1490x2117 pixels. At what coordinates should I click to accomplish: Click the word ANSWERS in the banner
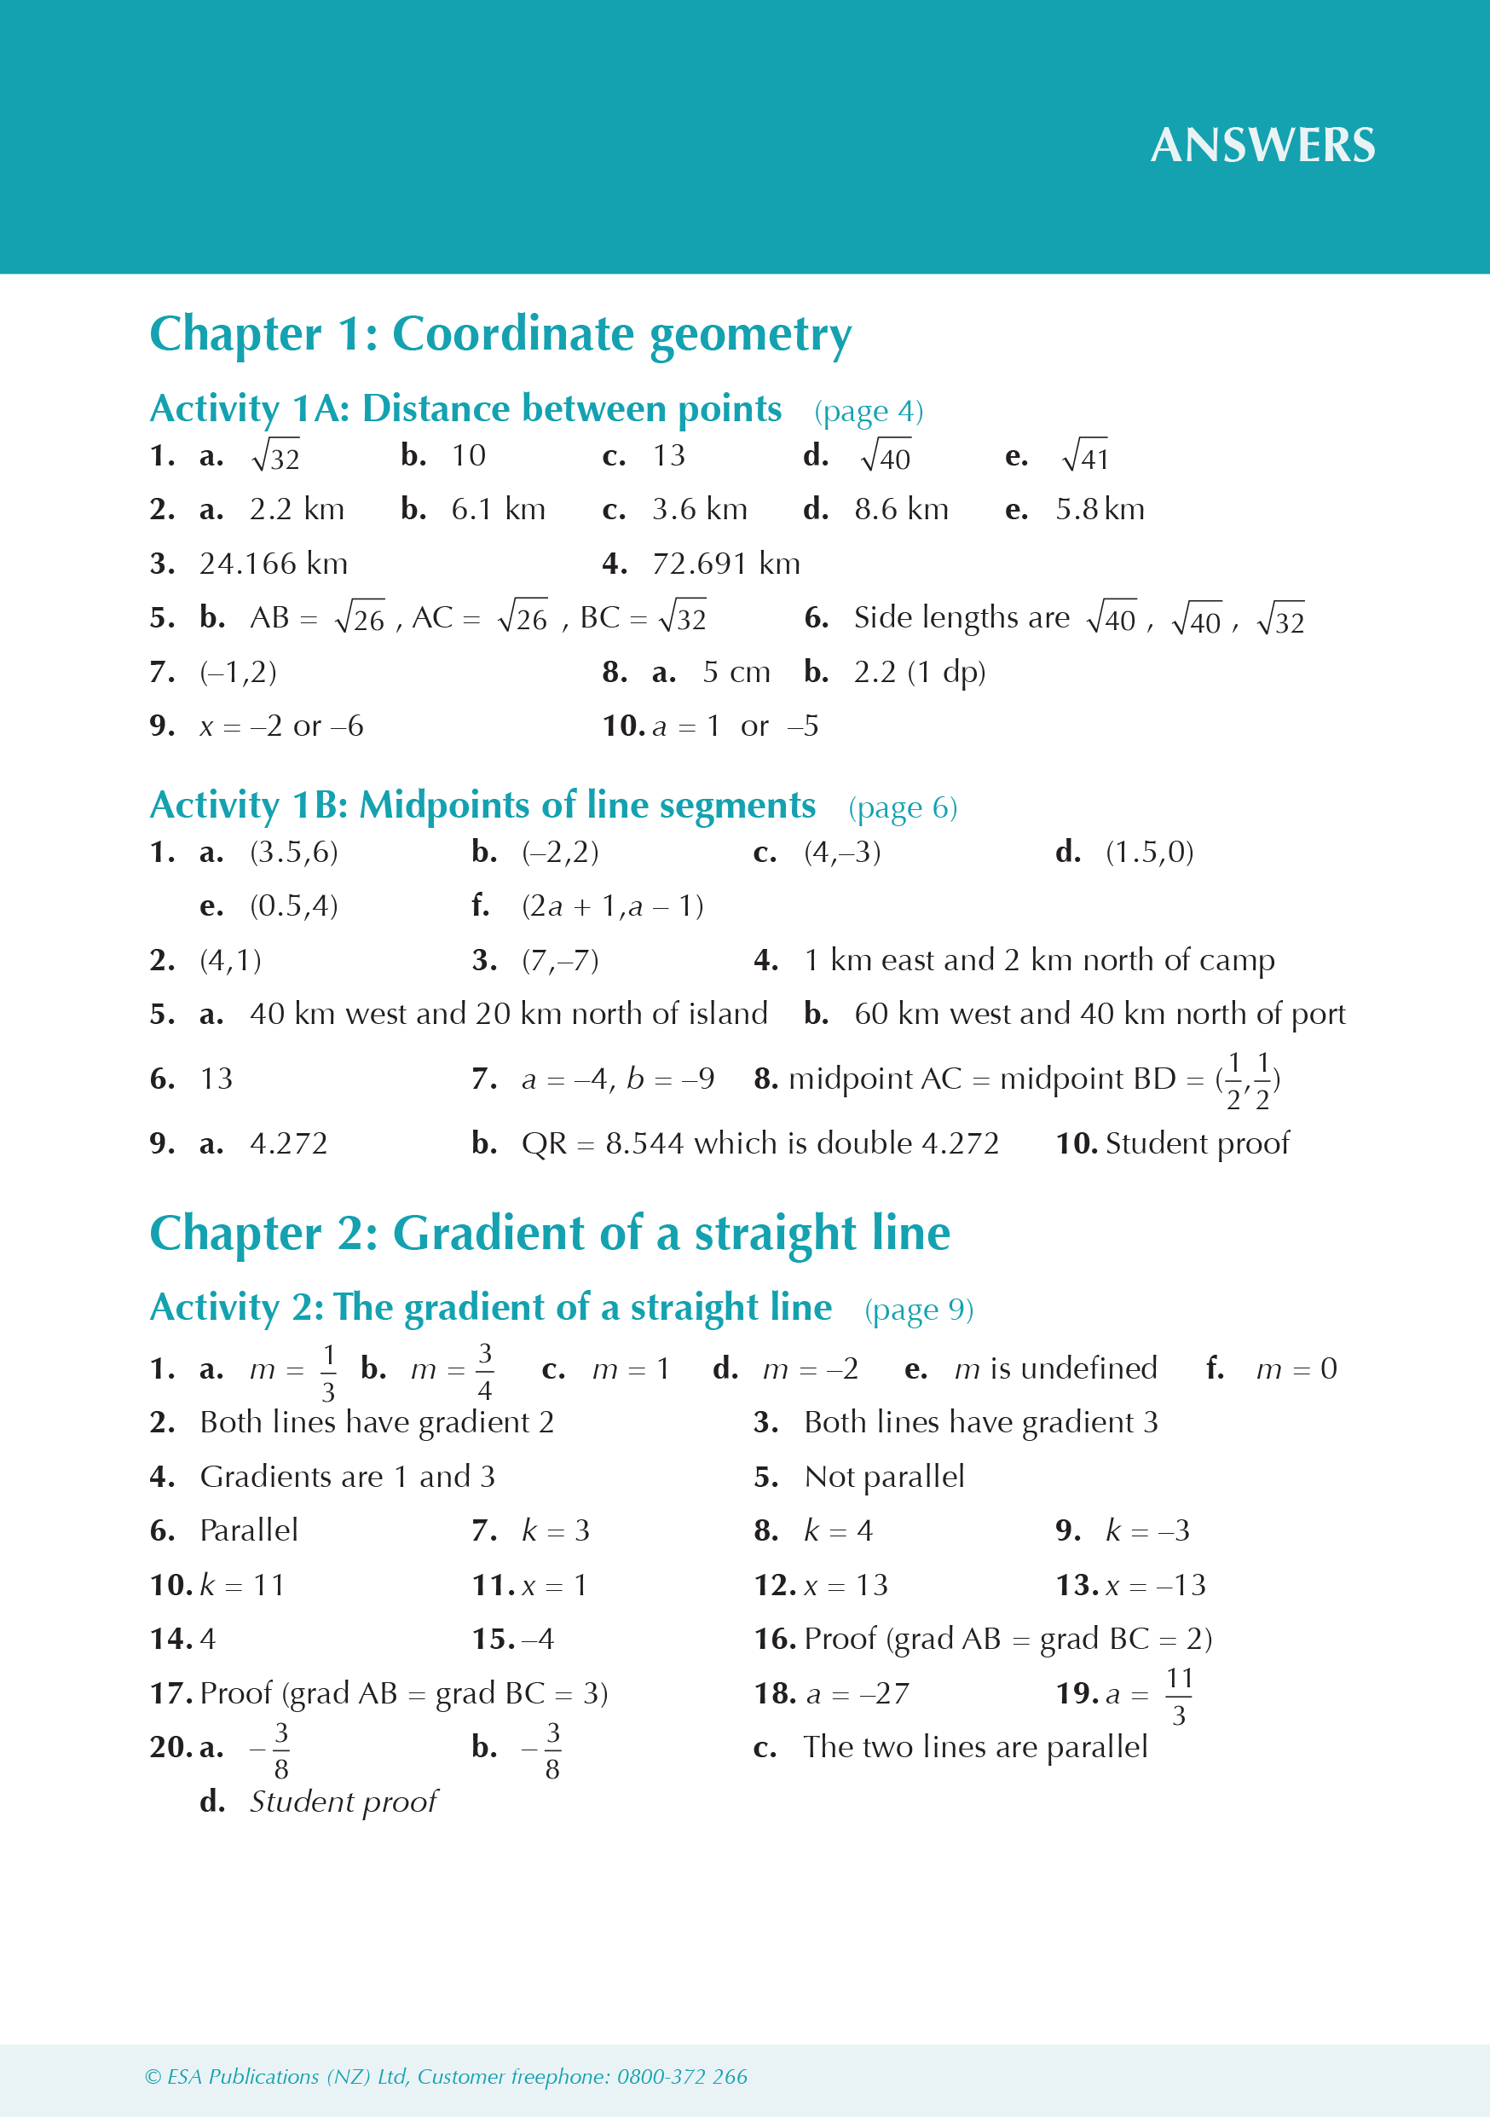tap(1262, 146)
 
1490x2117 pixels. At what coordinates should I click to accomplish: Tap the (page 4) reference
tap(868, 411)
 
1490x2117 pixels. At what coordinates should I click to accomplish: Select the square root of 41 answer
tap(1085, 455)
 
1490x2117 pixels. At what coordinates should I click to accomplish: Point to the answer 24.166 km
tap(273, 564)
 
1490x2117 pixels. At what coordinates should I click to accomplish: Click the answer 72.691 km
tap(725, 564)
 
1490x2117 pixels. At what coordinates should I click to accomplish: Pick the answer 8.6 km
tap(901, 509)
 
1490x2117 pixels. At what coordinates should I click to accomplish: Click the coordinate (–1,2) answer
tap(238, 672)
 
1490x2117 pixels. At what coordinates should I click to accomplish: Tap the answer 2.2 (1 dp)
tap(919, 672)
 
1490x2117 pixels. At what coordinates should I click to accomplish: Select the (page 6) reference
tap(902, 807)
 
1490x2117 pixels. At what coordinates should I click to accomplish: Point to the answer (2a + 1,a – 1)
tap(612, 906)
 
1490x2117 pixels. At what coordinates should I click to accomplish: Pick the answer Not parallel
tap(883, 1477)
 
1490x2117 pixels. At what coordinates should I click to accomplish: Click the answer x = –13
tap(1155, 1585)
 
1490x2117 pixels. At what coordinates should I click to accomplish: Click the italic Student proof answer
tap(343, 1802)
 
